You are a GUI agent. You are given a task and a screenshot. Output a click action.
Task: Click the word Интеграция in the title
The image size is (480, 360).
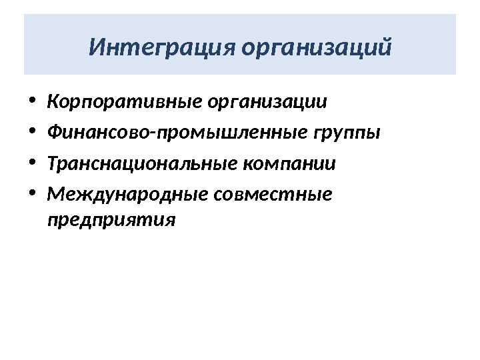click(163, 48)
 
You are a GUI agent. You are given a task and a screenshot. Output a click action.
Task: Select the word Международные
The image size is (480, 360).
click(128, 194)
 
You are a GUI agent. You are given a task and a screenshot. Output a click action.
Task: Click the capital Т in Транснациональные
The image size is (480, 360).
click(53, 163)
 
